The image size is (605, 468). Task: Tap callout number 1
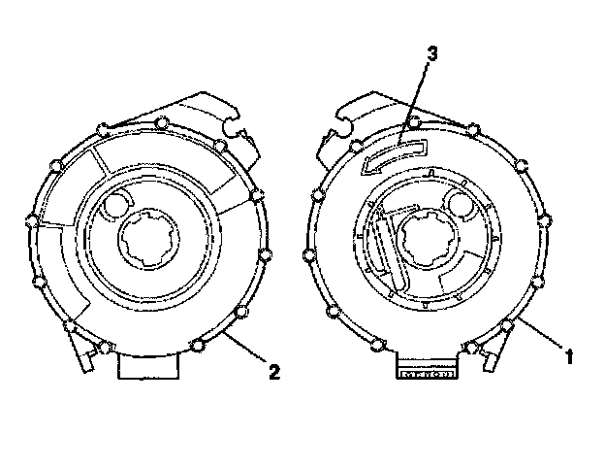[x=570, y=356]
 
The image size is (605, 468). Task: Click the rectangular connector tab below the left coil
[x=149, y=365]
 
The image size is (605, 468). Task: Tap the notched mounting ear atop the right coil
[x=344, y=123]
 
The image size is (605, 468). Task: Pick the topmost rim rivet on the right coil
[x=414, y=122]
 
